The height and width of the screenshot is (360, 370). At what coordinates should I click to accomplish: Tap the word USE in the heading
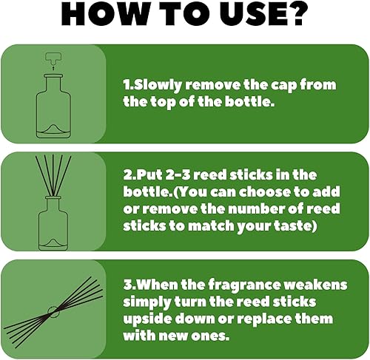click(245, 14)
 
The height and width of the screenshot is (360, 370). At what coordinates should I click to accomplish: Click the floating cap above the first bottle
click(53, 58)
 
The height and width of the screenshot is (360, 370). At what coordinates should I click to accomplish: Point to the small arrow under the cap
click(53, 68)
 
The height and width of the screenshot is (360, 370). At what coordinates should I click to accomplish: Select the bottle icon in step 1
click(53, 106)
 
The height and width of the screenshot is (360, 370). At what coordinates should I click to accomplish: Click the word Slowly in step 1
click(158, 85)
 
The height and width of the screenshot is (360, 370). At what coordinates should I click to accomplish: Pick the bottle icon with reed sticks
click(53, 203)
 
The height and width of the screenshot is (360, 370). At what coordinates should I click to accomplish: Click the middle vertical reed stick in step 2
click(53, 175)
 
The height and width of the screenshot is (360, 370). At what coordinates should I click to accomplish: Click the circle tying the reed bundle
click(53, 312)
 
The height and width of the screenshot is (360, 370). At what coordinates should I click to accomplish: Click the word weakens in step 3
click(315, 285)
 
